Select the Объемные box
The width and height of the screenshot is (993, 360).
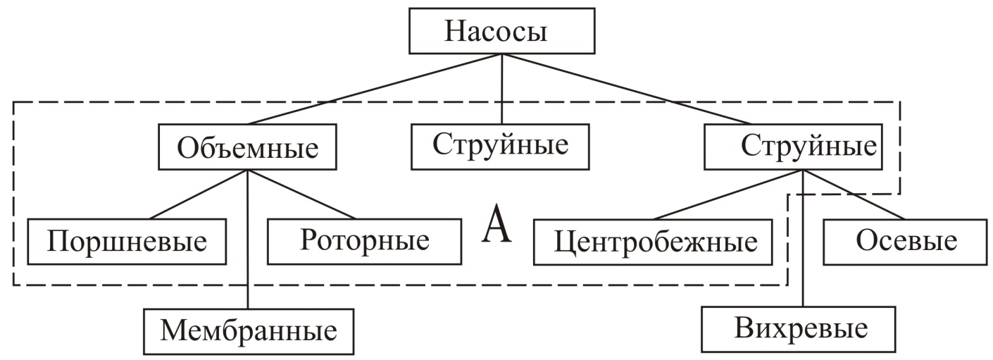246,148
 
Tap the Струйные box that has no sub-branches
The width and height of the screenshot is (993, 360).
500,146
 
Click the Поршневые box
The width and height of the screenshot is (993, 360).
127,242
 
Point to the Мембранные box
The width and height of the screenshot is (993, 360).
249,330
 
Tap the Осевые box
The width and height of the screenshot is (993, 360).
906,242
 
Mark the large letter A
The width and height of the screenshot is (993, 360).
497,227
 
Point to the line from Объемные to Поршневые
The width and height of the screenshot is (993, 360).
197,194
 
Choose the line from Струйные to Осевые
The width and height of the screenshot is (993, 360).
856,195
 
